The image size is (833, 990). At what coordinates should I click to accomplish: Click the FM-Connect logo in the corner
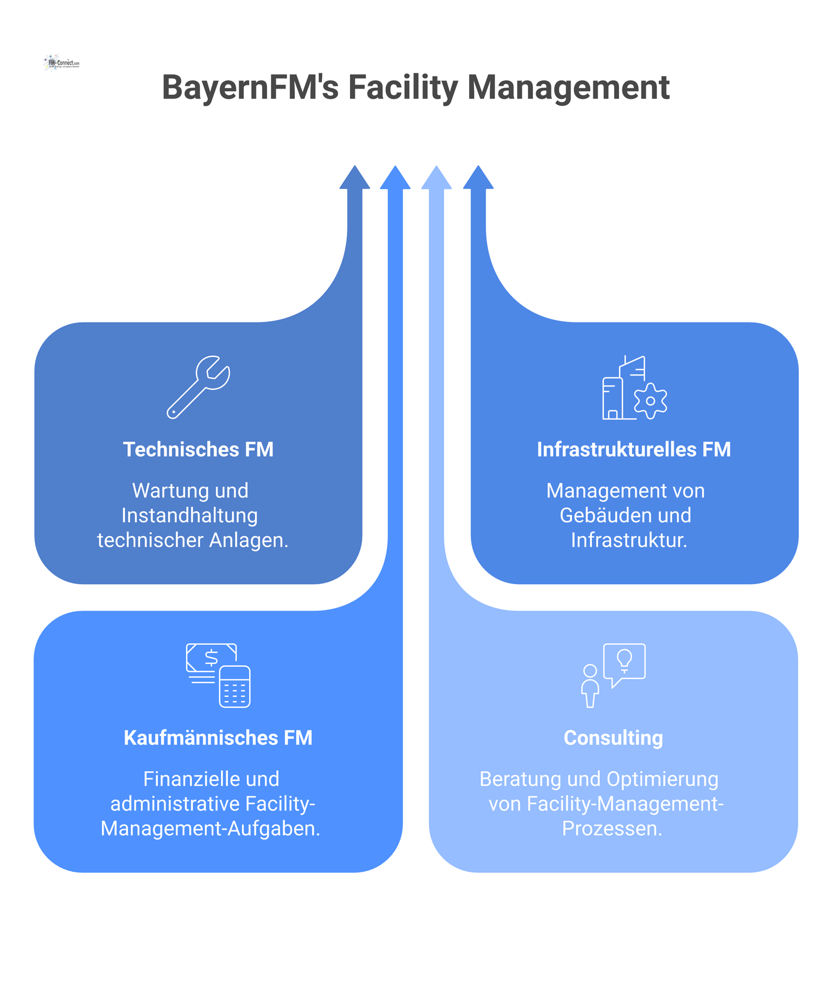pos(62,63)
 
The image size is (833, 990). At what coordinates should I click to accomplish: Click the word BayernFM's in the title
pos(250,88)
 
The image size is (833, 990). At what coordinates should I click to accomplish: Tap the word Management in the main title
pos(568,88)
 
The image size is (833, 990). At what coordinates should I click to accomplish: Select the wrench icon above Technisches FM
pos(198,387)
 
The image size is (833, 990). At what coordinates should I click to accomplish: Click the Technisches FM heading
pos(198,450)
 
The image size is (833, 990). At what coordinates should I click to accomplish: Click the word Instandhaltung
pos(190,516)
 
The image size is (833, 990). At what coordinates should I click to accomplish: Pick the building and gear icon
pos(634,388)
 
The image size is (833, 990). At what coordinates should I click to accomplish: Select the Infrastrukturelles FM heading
pos(634,450)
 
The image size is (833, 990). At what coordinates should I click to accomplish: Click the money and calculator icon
pos(219,675)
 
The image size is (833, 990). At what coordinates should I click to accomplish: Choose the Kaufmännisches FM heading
pos(218,738)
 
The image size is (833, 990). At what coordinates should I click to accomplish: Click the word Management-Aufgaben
pos(210,829)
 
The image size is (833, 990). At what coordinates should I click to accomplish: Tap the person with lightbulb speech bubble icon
pos(613,675)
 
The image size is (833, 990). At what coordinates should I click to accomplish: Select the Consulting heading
pos(613,738)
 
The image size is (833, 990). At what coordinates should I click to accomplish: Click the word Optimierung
pos(662,779)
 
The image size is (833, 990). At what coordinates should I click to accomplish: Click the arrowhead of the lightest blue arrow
pos(437,178)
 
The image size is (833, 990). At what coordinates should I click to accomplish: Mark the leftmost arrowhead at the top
pos(355,178)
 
